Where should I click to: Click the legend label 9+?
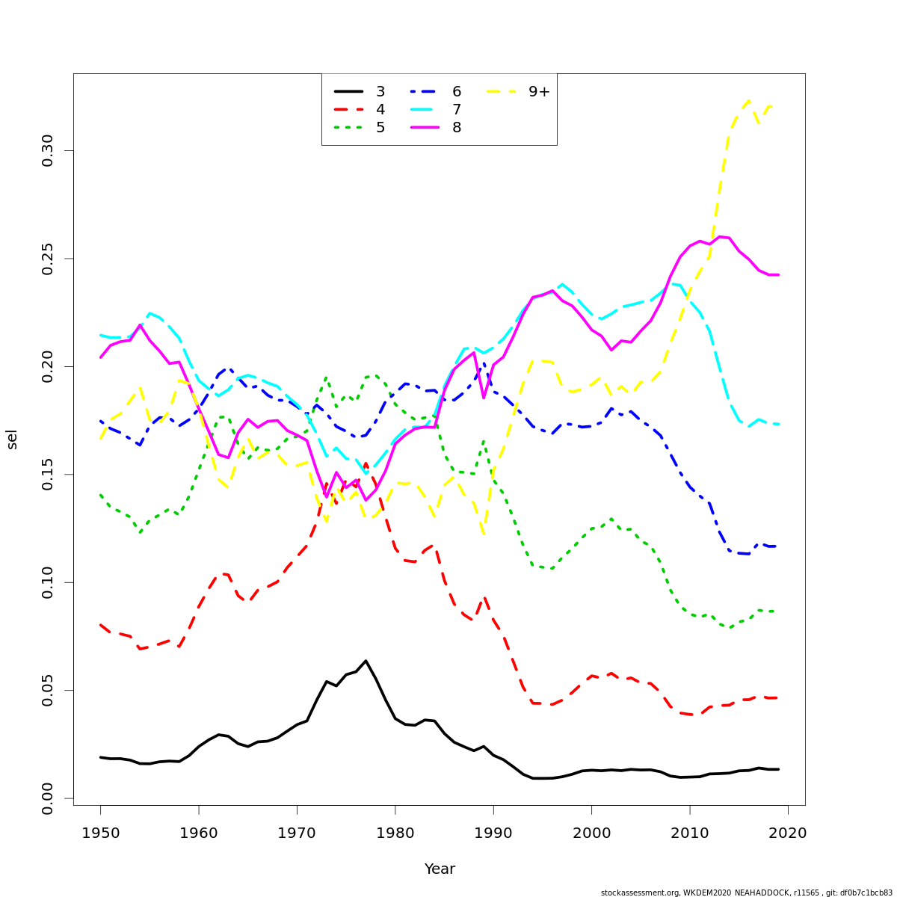[x=539, y=91]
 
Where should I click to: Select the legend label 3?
[x=380, y=91]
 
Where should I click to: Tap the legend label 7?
[x=457, y=109]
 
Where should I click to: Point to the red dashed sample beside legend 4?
[x=348, y=109]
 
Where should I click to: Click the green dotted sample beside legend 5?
[x=348, y=127]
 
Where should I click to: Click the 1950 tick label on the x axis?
[x=100, y=833]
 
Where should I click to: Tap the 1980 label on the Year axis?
[x=395, y=833]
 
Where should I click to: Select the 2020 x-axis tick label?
[x=788, y=833]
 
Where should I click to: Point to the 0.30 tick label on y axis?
[x=48, y=151]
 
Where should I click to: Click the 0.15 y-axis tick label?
[x=48, y=475]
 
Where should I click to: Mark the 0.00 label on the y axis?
[x=48, y=798]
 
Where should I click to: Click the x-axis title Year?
[x=440, y=869]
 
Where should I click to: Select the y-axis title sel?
[x=12, y=440]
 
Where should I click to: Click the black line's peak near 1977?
[x=366, y=661]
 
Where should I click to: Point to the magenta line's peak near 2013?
[x=719, y=237]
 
